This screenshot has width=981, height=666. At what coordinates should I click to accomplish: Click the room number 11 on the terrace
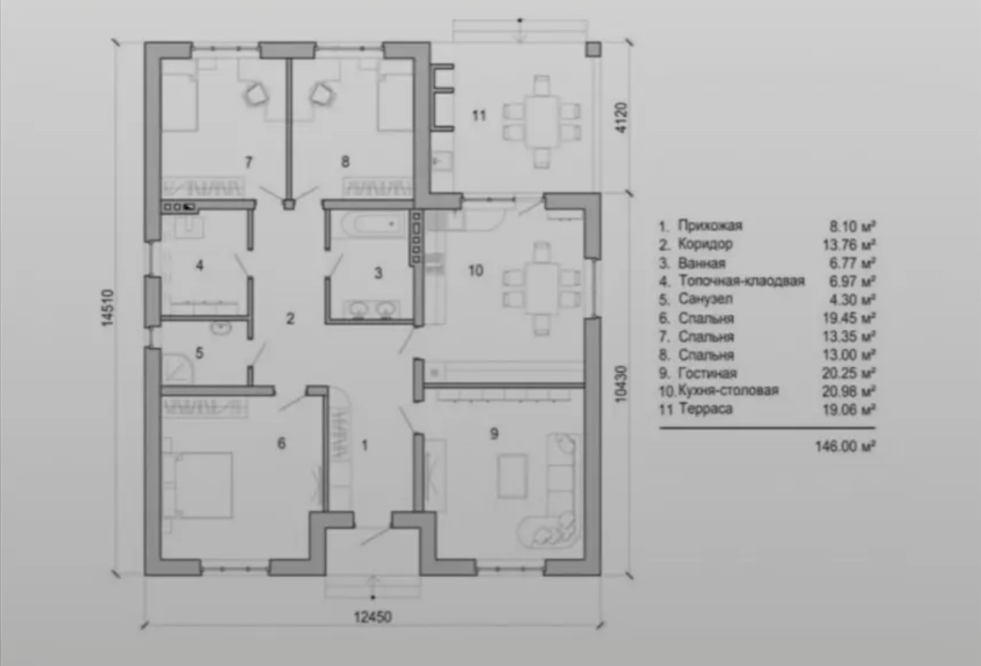pyautogui.click(x=479, y=116)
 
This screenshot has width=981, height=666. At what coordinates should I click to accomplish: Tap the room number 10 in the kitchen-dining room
pyautogui.click(x=476, y=270)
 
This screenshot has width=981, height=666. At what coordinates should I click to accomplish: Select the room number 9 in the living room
pyautogui.click(x=494, y=433)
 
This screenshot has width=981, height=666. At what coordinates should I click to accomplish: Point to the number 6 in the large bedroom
pyautogui.click(x=282, y=443)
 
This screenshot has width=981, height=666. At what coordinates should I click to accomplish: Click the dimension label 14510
pyautogui.click(x=107, y=308)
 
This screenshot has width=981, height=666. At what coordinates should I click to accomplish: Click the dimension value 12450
pyautogui.click(x=372, y=617)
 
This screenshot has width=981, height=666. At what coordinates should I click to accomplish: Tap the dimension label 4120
pyautogui.click(x=622, y=118)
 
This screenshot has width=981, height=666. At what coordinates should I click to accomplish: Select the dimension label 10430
pyautogui.click(x=621, y=384)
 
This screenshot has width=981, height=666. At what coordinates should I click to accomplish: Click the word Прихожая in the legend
pyautogui.click(x=710, y=226)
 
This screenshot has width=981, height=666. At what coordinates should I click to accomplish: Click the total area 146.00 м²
pyautogui.click(x=845, y=447)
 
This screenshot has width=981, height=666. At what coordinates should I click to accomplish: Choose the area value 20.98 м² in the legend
pyautogui.click(x=848, y=391)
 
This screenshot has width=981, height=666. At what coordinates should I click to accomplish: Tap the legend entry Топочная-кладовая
pyautogui.click(x=742, y=280)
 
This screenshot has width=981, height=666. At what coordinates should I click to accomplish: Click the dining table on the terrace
pyautogui.click(x=542, y=122)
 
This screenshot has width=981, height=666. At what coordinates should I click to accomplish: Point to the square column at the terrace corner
pyautogui.click(x=593, y=49)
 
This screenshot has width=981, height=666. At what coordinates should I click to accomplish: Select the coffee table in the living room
pyautogui.click(x=512, y=476)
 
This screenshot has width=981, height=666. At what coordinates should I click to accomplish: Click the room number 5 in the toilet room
pyautogui.click(x=199, y=353)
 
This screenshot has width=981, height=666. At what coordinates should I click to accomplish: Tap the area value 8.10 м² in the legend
pyautogui.click(x=852, y=226)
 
